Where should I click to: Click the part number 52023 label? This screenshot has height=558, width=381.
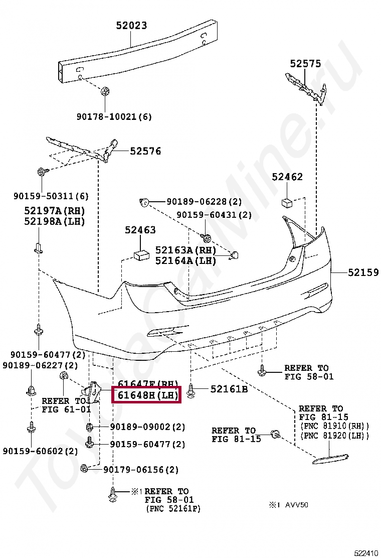(132, 25)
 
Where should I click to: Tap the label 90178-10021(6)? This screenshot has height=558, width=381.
(114, 116)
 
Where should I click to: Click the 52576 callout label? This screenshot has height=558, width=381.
(146, 151)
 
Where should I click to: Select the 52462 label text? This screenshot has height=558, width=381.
(287, 177)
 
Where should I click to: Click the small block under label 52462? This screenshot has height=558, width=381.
(287, 202)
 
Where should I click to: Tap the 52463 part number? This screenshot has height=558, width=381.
(140, 230)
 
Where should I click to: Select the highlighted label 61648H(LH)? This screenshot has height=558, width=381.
(147, 395)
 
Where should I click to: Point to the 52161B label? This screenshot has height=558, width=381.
(229, 388)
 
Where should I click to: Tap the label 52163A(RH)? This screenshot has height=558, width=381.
(185, 250)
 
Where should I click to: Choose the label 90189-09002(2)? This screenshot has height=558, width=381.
(147, 427)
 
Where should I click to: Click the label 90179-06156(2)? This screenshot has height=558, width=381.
(141, 470)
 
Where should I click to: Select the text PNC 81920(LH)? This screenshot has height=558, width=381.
(335, 436)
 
